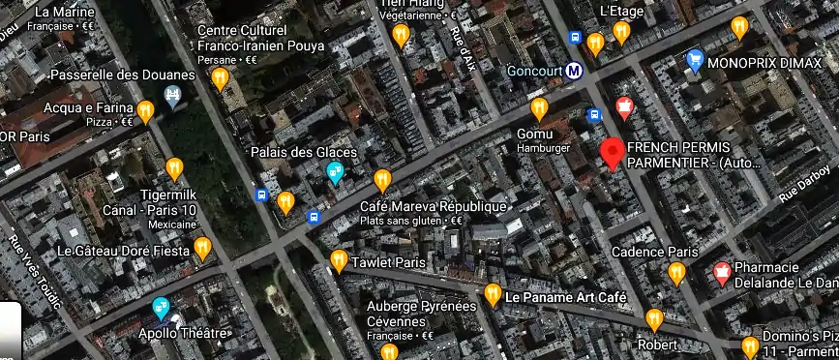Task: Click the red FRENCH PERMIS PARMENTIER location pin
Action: (x=612, y=153)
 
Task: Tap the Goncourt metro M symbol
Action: (x=574, y=70)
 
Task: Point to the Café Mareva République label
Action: (x=433, y=207)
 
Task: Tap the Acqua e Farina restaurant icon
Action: (x=146, y=111)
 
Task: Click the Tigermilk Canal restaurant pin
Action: (x=174, y=168)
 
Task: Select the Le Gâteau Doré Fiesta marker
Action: (x=202, y=249)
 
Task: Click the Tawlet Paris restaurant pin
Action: (x=339, y=260)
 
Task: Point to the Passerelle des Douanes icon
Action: (x=173, y=96)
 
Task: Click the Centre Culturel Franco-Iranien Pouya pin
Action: (x=221, y=78)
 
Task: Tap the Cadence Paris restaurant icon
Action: (x=676, y=273)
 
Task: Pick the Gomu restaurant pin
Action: (x=539, y=107)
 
